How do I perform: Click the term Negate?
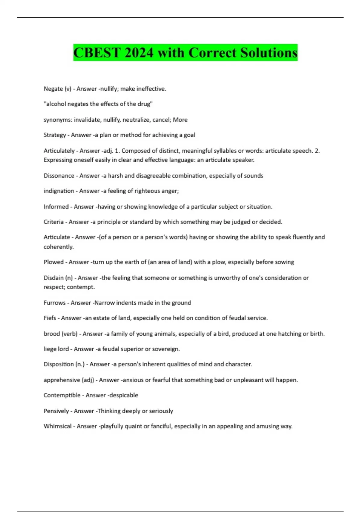point(53,89)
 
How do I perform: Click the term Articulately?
point(59,151)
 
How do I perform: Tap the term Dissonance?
point(59,176)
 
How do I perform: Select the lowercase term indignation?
point(59,191)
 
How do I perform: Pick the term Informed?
point(56,207)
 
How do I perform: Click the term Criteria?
point(54,222)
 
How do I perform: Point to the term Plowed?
point(54,262)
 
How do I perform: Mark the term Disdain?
point(54,278)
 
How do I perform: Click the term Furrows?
point(54,303)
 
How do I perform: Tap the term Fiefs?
point(50,318)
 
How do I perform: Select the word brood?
point(51,334)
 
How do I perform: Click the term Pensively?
point(56,411)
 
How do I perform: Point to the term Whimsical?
point(58,426)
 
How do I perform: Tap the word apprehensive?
point(62,380)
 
